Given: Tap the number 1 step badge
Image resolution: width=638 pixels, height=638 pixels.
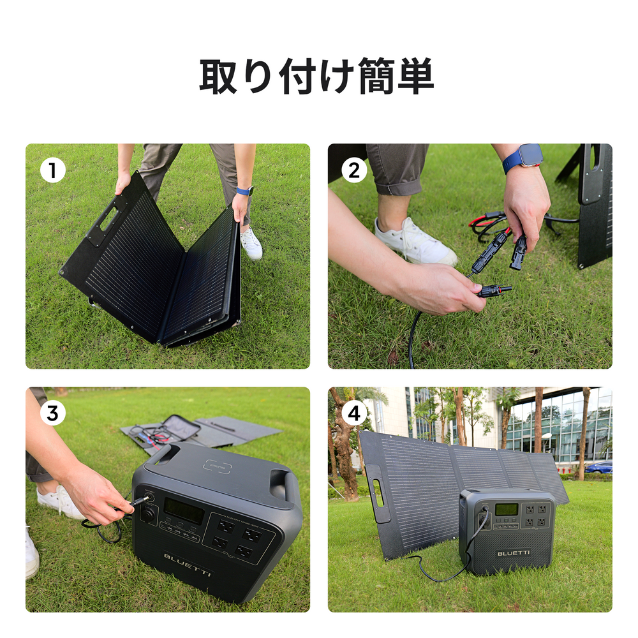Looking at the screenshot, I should [52, 170].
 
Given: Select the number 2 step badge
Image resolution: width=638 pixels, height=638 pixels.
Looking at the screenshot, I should [355, 170].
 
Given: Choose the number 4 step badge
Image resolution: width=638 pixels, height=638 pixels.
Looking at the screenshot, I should [355, 413].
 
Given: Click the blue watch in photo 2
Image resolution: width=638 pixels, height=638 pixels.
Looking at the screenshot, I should [523, 157].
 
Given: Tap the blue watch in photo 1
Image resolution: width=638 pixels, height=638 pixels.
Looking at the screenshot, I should [244, 191].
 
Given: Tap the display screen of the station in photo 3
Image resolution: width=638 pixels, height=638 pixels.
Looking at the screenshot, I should [184, 511].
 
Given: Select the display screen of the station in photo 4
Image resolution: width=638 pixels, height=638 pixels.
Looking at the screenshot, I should [507, 509].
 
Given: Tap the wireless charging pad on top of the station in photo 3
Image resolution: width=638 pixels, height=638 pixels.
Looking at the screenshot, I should [217, 466].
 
